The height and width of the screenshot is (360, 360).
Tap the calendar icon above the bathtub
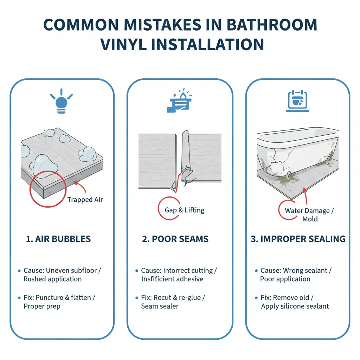297,101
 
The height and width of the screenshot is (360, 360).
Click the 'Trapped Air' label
85,200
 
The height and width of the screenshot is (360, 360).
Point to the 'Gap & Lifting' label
185,210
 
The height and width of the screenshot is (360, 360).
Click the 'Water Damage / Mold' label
309,215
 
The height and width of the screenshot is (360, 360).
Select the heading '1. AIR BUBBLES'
58,239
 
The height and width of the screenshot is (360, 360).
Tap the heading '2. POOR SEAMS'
175,239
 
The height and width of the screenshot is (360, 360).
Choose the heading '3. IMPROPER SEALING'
298,239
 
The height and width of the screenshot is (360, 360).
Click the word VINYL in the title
123,45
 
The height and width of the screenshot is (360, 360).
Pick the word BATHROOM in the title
272,25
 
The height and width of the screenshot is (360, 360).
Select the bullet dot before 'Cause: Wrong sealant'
256,271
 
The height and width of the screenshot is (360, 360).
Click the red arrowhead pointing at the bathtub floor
305,190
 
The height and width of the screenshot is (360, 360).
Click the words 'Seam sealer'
160,306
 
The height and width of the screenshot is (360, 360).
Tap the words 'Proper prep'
42,306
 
